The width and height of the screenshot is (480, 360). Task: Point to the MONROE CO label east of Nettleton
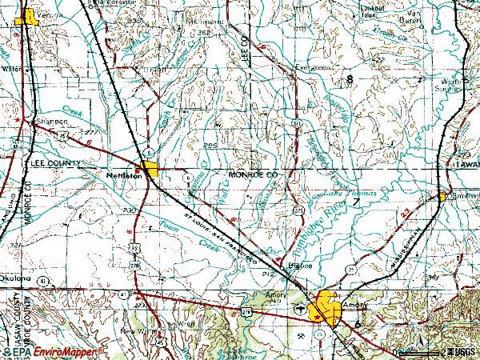[252, 174]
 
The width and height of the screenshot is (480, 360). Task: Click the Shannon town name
[47, 122]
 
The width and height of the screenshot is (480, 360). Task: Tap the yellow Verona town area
[29, 16]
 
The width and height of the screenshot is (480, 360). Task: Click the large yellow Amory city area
[328, 307]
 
